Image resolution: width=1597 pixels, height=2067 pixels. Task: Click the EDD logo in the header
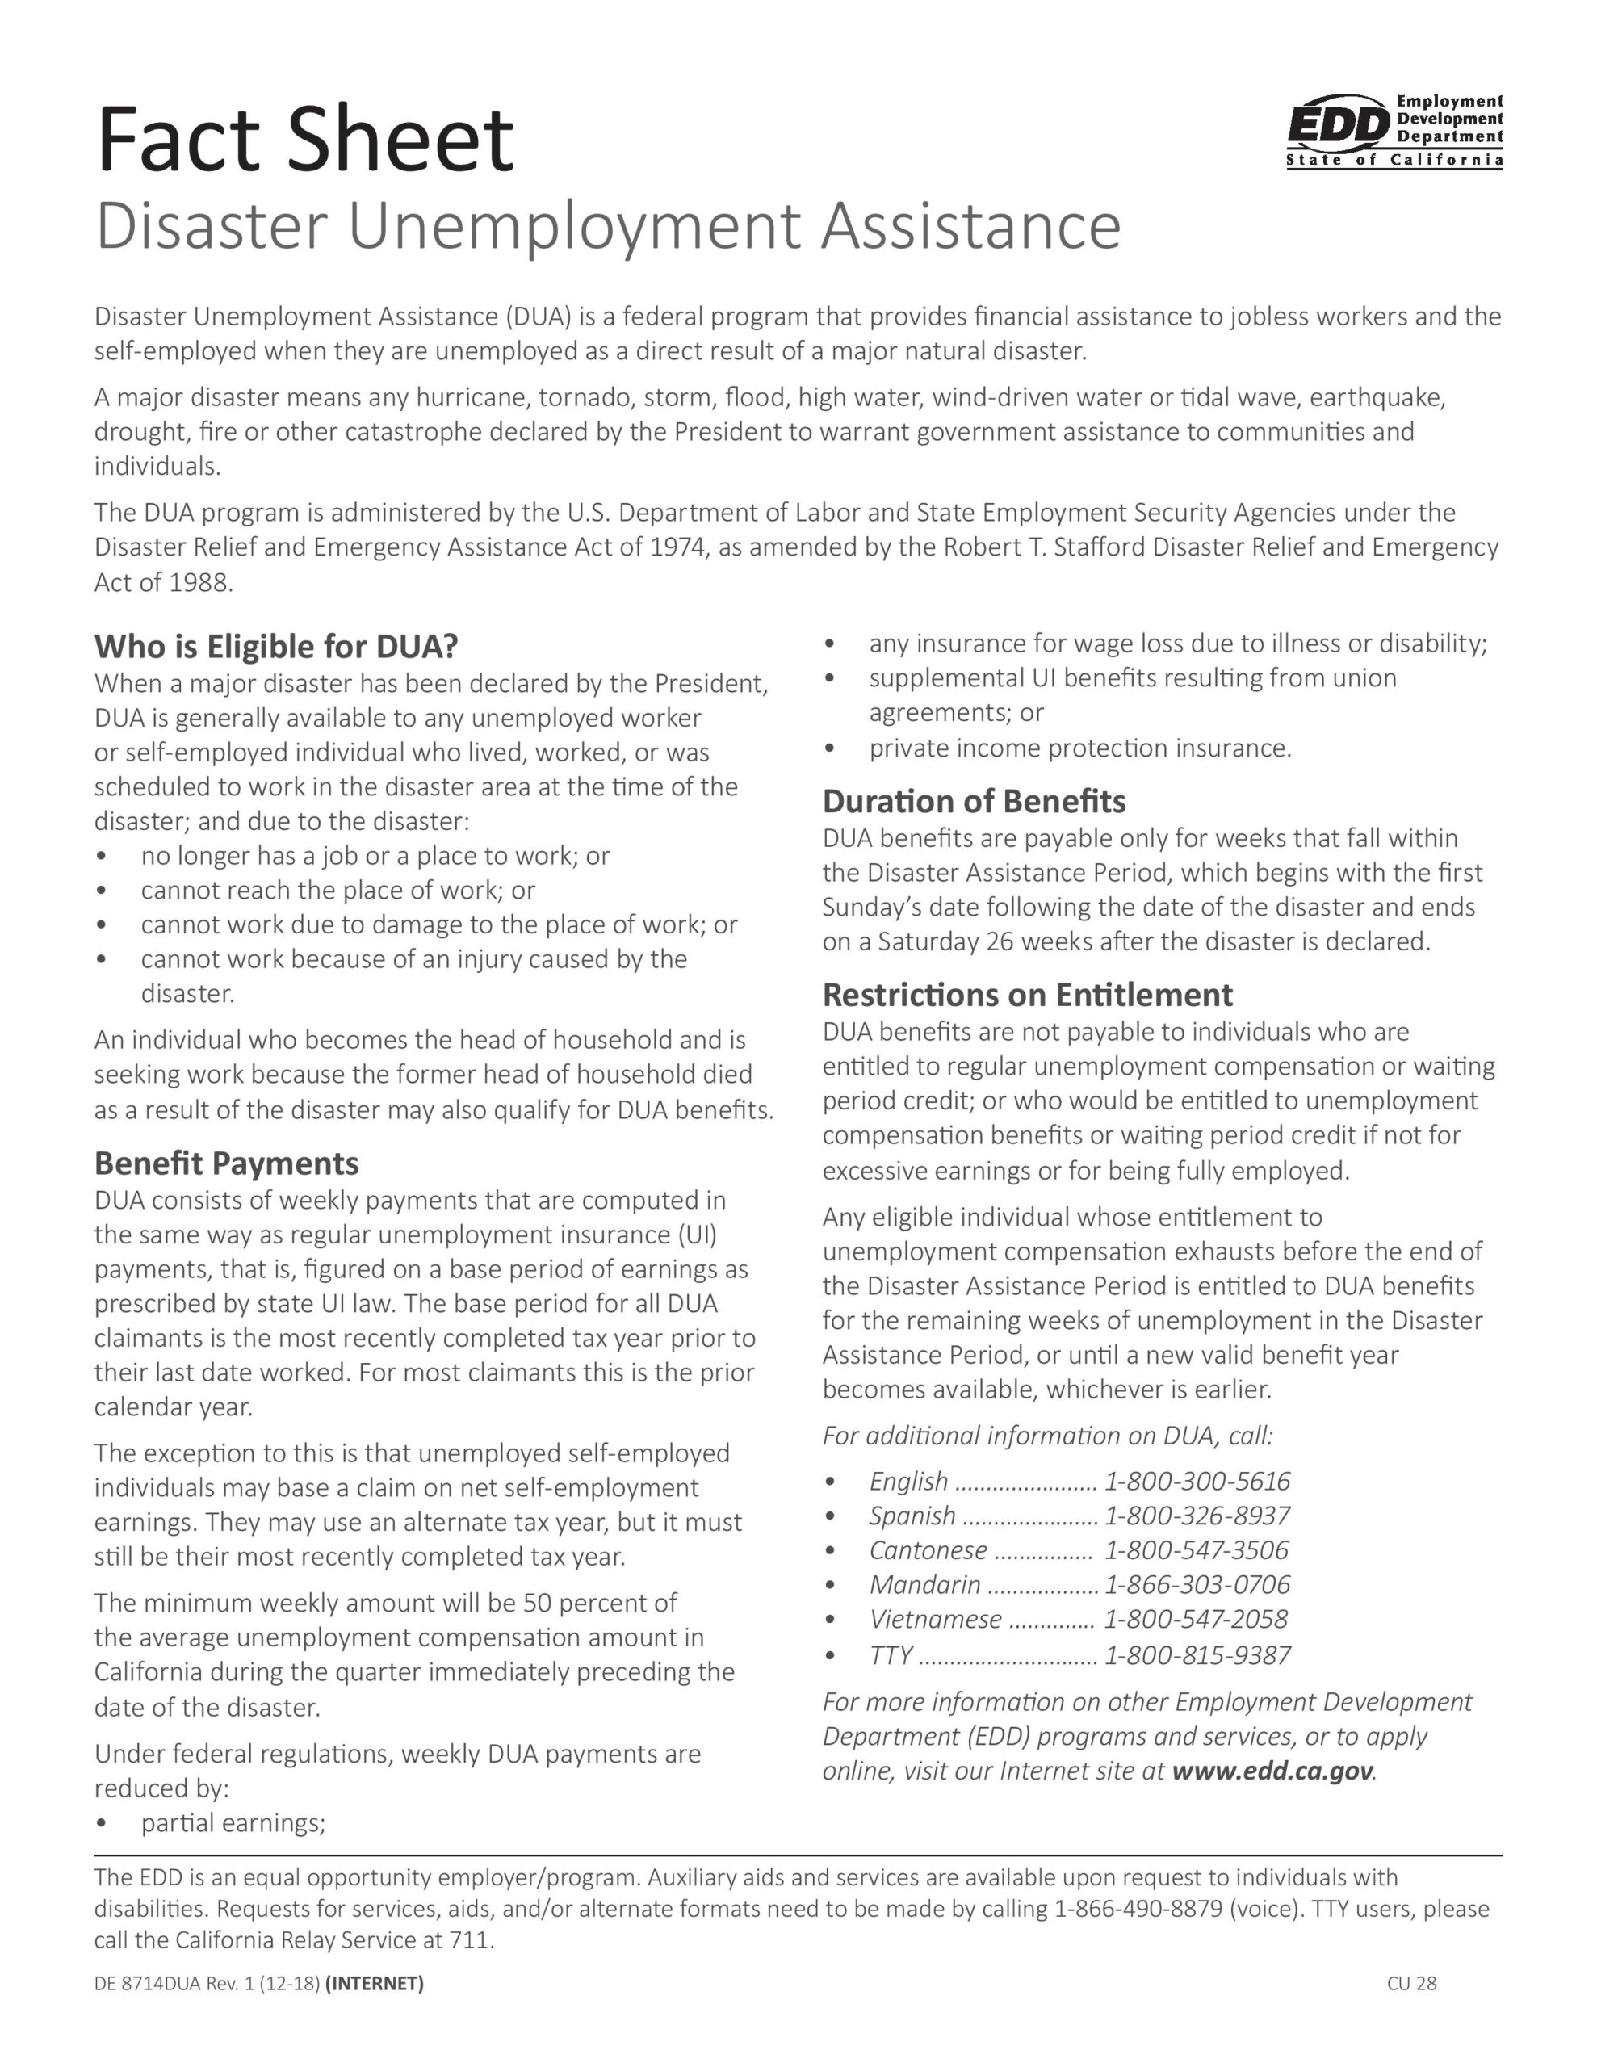tap(1394, 132)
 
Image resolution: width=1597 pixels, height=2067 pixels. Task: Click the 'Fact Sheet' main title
tap(305, 139)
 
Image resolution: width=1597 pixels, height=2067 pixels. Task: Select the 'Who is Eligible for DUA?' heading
tap(275, 647)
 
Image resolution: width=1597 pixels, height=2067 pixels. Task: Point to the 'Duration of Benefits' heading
tap(973, 801)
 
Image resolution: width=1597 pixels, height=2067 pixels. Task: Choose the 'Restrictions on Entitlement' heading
tap(1027, 995)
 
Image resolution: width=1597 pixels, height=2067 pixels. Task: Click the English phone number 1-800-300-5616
tap(1197, 1481)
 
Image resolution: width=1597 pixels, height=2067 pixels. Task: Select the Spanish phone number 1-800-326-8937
tap(1197, 1516)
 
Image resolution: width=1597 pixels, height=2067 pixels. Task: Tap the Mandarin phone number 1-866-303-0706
tap(1197, 1584)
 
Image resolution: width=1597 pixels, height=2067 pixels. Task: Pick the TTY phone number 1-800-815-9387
tap(1197, 1655)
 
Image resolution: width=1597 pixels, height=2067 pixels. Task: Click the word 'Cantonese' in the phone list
tap(928, 1550)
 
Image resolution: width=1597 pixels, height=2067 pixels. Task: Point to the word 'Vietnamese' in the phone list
tap(934, 1620)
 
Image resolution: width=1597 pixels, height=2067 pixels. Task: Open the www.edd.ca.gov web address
tap(1272, 1771)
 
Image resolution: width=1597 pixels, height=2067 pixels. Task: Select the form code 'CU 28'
tap(1411, 1983)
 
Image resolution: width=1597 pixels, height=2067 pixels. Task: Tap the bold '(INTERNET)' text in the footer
tap(374, 1983)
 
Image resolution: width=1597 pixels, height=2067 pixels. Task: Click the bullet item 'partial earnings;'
tap(233, 1823)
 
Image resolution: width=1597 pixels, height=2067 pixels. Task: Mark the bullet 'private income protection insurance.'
tap(1080, 748)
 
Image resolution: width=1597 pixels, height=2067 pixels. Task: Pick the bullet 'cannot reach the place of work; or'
tap(338, 890)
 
